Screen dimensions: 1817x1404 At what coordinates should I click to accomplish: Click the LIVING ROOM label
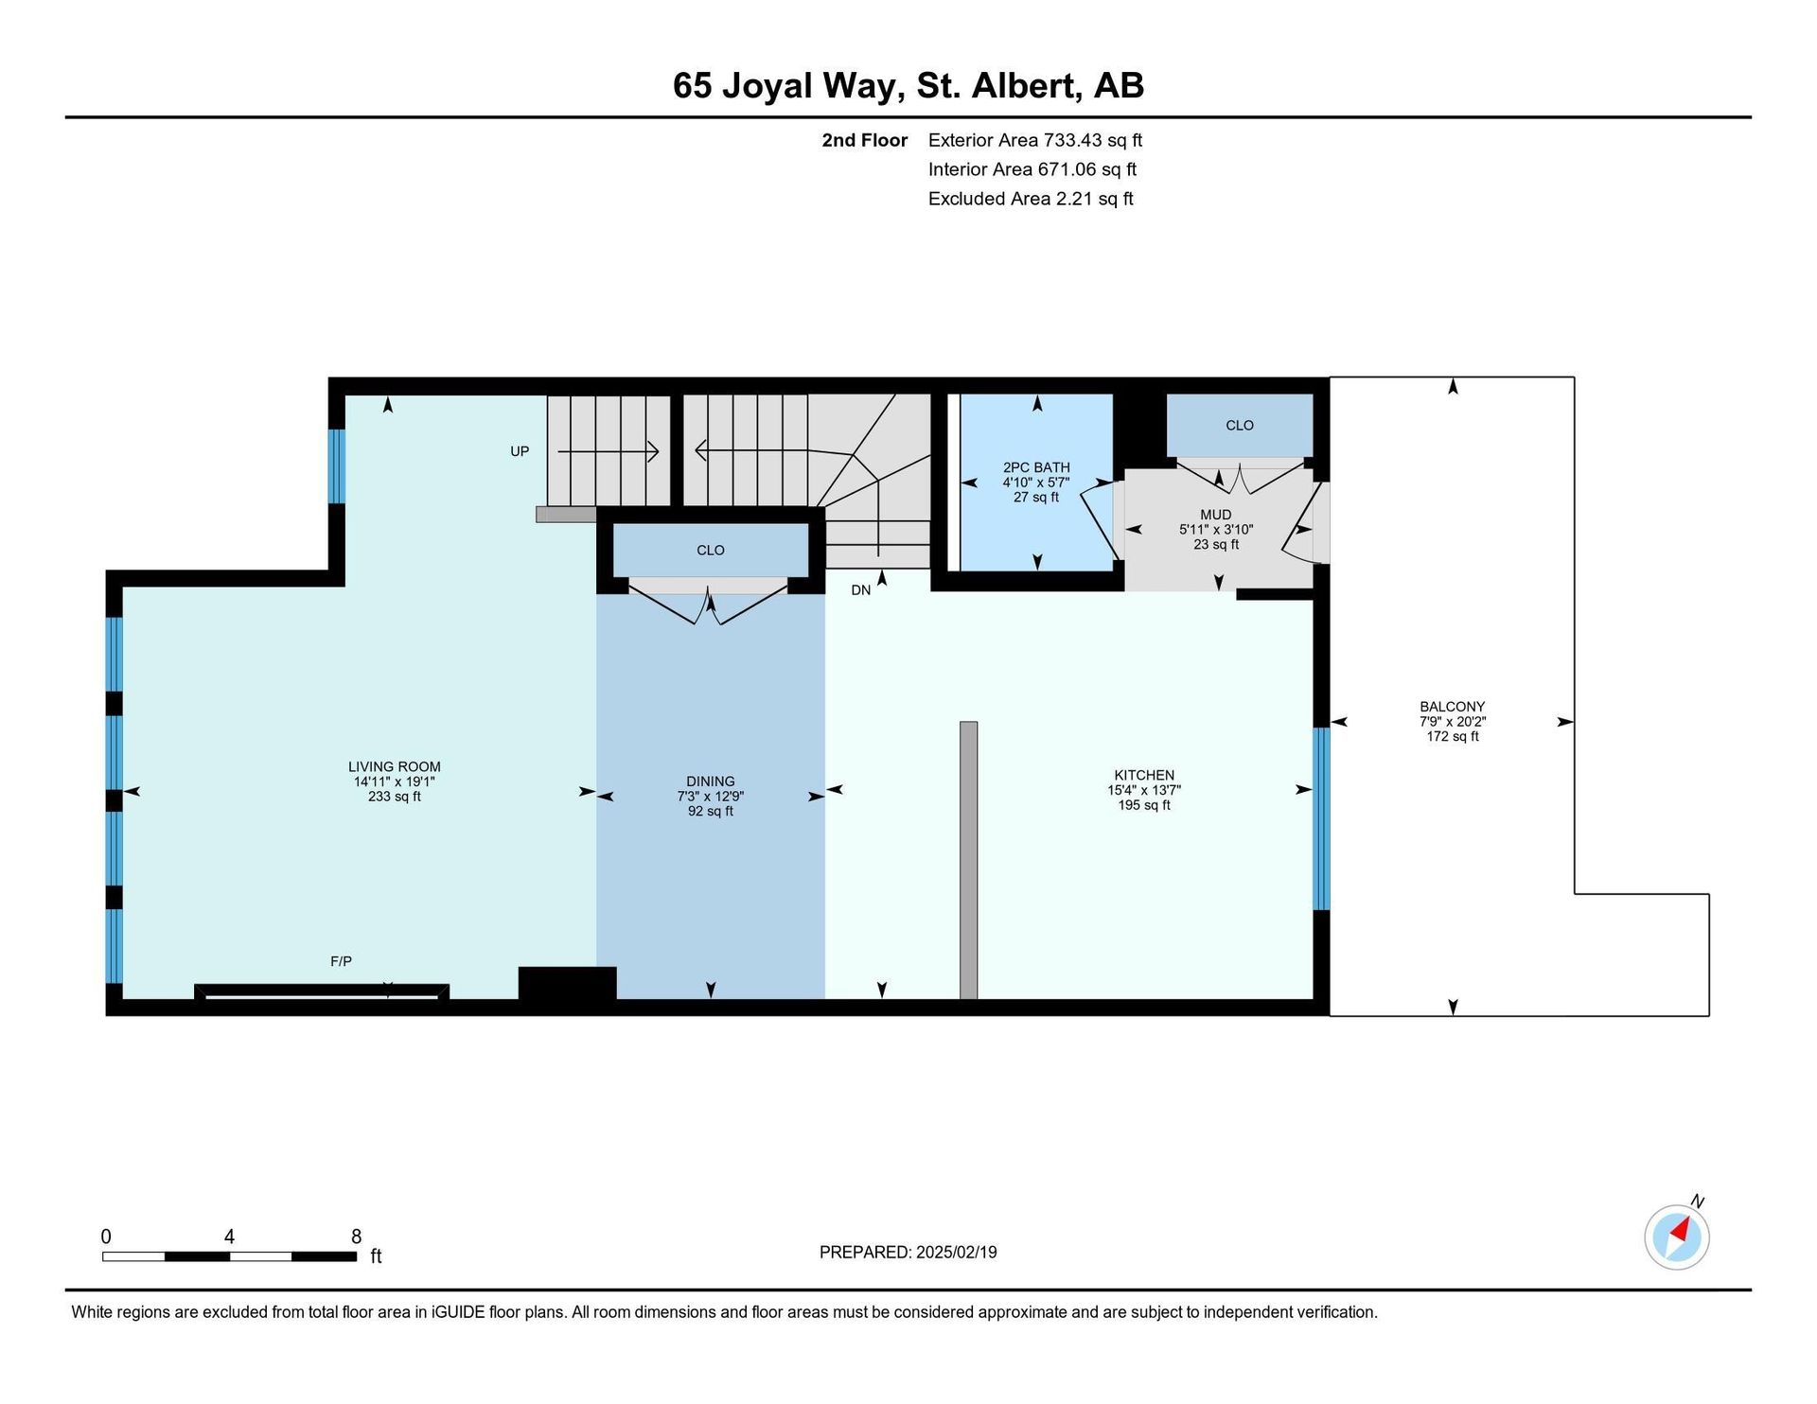[394, 767]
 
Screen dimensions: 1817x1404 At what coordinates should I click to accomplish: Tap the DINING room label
[710, 781]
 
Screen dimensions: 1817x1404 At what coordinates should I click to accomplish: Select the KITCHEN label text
[1144, 775]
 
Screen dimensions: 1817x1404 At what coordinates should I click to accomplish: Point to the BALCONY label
[1452, 707]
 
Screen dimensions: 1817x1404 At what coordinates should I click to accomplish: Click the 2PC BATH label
[1036, 467]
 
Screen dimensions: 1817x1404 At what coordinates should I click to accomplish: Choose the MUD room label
[1215, 516]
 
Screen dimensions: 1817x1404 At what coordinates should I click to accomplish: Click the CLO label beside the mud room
[1239, 426]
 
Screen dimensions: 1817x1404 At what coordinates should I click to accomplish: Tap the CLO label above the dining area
[710, 551]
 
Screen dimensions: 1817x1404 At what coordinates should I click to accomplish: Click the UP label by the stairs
[520, 451]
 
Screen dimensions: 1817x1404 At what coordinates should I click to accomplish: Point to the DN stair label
[860, 590]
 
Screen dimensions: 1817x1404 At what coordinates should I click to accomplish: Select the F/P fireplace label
[341, 961]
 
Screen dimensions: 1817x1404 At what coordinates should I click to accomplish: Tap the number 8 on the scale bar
[356, 1237]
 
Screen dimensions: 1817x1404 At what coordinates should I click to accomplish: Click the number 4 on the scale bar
[229, 1237]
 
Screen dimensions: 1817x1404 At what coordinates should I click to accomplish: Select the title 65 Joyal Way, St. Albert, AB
[908, 85]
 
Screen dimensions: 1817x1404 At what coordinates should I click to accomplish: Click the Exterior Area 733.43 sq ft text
[1035, 140]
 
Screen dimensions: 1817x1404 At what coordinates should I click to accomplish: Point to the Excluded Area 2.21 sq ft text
[1031, 199]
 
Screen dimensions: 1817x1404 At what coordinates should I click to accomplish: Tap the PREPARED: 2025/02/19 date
[908, 1252]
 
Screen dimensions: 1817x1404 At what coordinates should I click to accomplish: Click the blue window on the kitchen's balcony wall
[1321, 818]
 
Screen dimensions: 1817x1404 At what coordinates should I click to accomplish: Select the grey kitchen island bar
[968, 860]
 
